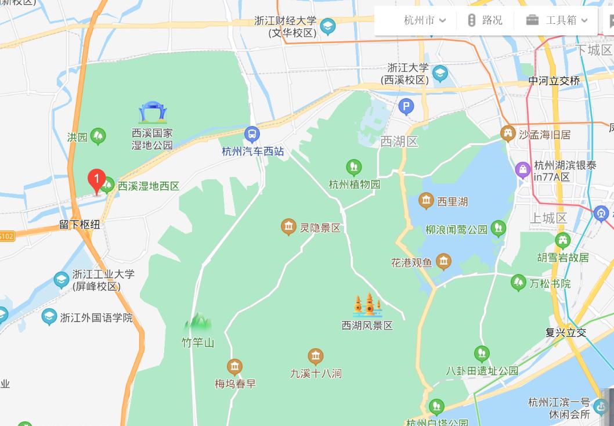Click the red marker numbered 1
(x=96, y=179)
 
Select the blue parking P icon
(x=406, y=106)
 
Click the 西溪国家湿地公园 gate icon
(x=153, y=112)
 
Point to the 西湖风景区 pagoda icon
(x=367, y=305)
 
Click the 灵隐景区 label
(x=320, y=228)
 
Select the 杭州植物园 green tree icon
(x=354, y=168)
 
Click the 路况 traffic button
(x=485, y=20)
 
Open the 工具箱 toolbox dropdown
(x=557, y=20)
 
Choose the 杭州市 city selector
(x=425, y=20)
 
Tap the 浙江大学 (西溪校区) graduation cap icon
(x=440, y=74)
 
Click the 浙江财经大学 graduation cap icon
(x=328, y=26)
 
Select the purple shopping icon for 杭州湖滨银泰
(x=523, y=170)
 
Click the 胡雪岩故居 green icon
(x=562, y=240)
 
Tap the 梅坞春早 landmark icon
(x=234, y=367)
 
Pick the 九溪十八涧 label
(x=316, y=373)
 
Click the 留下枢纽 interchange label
(x=80, y=224)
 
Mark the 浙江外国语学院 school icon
(x=49, y=317)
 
